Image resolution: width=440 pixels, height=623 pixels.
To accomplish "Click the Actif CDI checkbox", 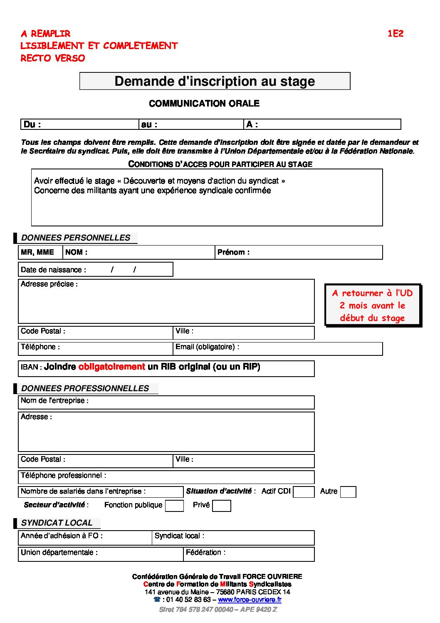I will [304, 492].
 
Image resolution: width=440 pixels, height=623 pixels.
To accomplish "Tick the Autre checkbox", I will [348, 492].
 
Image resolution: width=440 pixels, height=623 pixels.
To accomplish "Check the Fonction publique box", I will [174, 506].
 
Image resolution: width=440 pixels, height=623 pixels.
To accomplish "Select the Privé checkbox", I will [221, 506].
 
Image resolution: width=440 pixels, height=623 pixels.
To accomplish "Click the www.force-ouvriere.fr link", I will [250, 600].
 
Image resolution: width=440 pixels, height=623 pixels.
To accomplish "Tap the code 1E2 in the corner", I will [396, 34].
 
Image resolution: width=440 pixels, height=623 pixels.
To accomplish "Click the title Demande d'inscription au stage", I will [215, 81].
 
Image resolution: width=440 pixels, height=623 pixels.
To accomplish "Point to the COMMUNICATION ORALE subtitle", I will [204, 104].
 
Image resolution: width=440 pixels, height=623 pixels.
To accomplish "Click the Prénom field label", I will [233, 252].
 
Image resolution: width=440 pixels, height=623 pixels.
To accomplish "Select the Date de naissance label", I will [53, 270].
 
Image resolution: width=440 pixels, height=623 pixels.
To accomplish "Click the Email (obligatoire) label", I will [207, 347].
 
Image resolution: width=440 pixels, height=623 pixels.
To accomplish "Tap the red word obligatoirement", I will [111, 367].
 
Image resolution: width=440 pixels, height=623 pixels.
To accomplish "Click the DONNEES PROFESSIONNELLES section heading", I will [85, 388].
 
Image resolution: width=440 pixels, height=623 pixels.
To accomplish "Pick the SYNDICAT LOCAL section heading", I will [57, 523].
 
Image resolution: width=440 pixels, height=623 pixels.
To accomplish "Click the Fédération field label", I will [205, 552].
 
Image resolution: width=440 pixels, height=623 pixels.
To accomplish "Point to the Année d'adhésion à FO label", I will [62, 536].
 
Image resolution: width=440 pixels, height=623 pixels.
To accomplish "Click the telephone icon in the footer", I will [157, 600].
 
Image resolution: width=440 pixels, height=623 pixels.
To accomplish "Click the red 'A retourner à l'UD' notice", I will [372, 305].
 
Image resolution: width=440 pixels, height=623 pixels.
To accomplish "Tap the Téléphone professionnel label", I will [63, 475].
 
